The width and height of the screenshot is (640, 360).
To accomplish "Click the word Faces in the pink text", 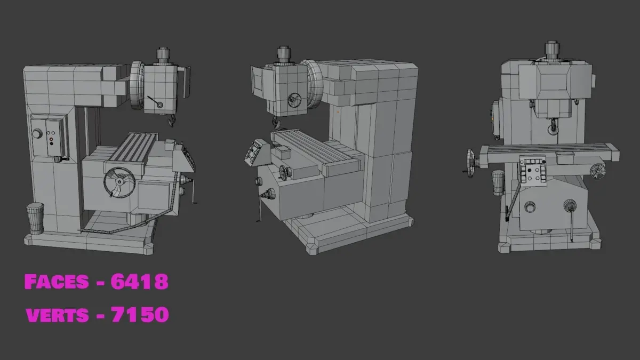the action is pyautogui.click(x=57, y=282).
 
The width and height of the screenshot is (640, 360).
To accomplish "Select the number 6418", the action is pyautogui.click(x=139, y=282).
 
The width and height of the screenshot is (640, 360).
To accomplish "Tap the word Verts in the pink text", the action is pyautogui.click(x=57, y=315).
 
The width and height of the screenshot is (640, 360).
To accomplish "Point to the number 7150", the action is pyautogui.click(x=140, y=314).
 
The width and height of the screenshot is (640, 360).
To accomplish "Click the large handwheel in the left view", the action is pyautogui.click(x=119, y=182).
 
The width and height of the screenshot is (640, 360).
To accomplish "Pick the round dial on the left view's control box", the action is pyautogui.click(x=37, y=134).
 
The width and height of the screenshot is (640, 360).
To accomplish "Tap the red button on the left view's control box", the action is pyautogui.click(x=51, y=139).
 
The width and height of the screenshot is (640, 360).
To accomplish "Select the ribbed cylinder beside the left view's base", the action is pyautogui.click(x=35, y=218).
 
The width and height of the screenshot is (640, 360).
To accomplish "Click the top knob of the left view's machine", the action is pyautogui.click(x=163, y=57).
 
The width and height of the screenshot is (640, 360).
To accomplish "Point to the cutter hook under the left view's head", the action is pyautogui.click(x=171, y=121).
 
